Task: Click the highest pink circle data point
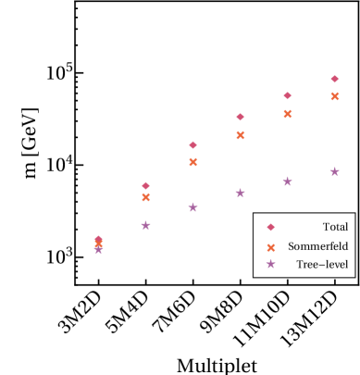tap(334, 79)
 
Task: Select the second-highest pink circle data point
tap(287, 95)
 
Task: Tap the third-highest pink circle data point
tap(240, 117)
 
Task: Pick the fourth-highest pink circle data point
tap(192, 144)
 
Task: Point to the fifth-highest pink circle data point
tap(145, 185)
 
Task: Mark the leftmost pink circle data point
tap(98, 240)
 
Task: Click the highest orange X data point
tap(334, 96)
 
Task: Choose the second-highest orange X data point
tap(287, 114)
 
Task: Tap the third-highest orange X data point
tap(240, 135)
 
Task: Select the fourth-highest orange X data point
tap(192, 162)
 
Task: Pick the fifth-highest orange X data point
tap(145, 197)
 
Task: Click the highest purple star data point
tap(334, 171)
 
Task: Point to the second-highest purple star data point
tap(287, 181)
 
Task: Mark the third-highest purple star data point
tap(240, 193)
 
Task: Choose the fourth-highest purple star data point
tap(192, 207)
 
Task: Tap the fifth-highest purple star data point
tap(145, 225)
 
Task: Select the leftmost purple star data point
tap(98, 249)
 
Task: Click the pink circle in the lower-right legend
tap(270, 227)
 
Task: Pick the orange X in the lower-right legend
tap(270, 247)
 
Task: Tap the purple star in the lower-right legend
tap(270, 264)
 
